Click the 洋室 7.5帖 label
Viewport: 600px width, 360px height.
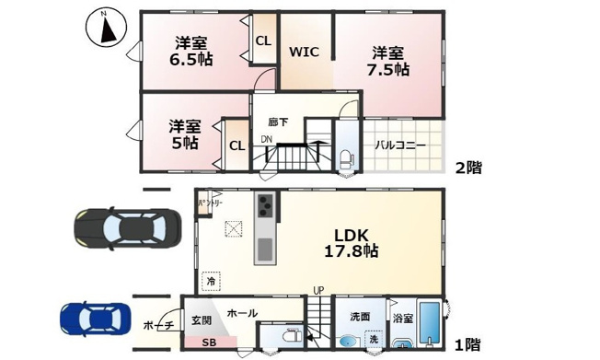(x=389, y=62)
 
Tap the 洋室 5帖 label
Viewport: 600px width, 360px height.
(x=184, y=134)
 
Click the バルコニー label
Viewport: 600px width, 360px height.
(x=399, y=145)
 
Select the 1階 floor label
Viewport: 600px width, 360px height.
(x=467, y=344)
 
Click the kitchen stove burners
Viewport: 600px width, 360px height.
(x=264, y=205)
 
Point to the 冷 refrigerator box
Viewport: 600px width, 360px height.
(x=211, y=281)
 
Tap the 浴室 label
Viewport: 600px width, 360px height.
(x=403, y=317)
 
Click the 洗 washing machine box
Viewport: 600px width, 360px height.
(x=374, y=338)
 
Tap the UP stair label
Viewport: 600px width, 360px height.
(x=318, y=291)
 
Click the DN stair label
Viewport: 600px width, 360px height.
(x=266, y=139)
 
